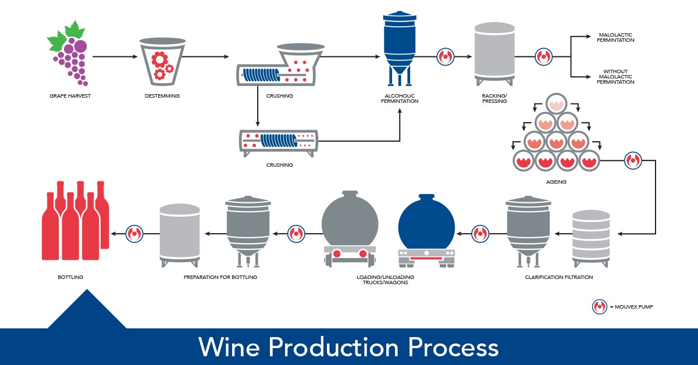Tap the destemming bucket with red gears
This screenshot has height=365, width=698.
click(162, 61)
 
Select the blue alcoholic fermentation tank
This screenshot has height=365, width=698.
click(400, 46)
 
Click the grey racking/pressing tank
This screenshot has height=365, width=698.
click(494, 52)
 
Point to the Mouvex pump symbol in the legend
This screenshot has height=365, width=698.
click(599, 307)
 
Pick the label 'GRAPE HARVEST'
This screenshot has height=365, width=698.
click(72, 95)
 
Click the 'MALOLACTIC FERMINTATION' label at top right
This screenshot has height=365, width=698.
click(616, 38)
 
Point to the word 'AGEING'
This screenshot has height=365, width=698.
click(556, 182)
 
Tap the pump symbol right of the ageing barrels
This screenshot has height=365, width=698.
click(632, 159)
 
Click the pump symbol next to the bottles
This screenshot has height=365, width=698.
click(135, 234)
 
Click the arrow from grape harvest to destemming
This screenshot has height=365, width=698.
click(114, 57)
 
